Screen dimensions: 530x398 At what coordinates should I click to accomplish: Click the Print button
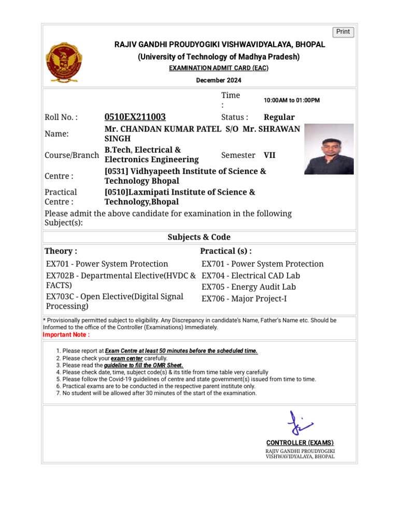point(343,32)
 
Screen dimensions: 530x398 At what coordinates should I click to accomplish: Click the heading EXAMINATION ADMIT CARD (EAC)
point(218,68)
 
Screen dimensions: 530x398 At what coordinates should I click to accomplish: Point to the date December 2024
point(218,80)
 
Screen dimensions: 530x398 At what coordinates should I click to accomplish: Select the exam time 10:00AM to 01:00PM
point(292,100)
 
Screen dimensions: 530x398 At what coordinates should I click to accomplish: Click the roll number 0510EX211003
point(135,117)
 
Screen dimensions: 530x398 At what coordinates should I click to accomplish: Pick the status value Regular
point(279,117)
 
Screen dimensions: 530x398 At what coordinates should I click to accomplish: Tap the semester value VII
point(269,155)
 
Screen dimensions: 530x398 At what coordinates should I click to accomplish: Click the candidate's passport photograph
point(329,149)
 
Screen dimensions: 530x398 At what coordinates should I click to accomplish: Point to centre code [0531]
point(118,171)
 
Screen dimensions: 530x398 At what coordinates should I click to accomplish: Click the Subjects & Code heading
point(199,237)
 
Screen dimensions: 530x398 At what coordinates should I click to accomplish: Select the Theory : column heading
point(61,251)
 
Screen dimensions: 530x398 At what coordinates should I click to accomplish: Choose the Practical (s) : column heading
point(226,251)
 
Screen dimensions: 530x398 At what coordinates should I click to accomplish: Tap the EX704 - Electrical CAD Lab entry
point(251,276)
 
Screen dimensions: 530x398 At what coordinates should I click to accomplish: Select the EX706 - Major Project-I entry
point(244,298)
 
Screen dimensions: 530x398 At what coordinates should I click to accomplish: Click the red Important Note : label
point(66,335)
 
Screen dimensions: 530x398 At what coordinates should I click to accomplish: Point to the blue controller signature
point(299,424)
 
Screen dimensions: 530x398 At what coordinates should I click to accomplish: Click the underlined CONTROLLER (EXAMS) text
point(300,443)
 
